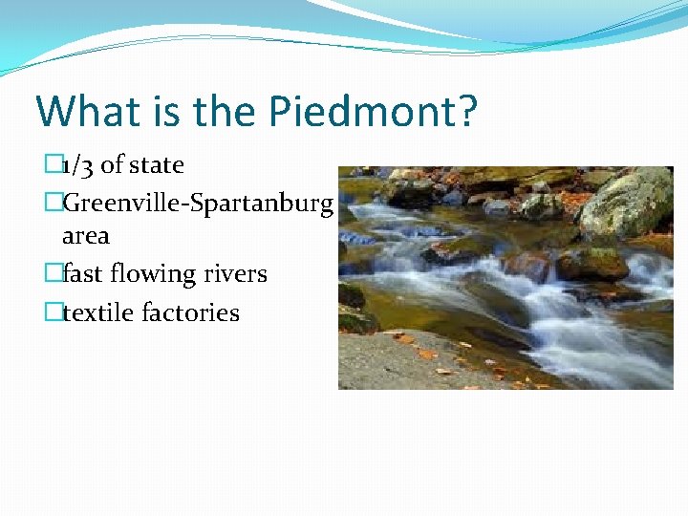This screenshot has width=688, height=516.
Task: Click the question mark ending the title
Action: click(x=466, y=112)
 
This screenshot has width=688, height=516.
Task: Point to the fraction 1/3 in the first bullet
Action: click(x=77, y=165)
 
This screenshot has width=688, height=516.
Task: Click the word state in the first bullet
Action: click(x=156, y=165)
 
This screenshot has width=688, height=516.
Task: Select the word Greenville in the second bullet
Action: click(x=116, y=204)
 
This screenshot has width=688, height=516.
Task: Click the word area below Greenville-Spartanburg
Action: click(x=86, y=235)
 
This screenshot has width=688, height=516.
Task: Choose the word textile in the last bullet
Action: click(x=98, y=312)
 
